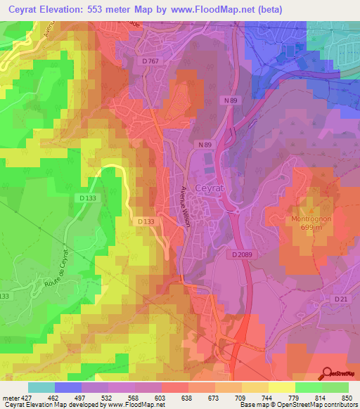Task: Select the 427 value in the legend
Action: point(25,398)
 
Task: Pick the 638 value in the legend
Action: point(186,398)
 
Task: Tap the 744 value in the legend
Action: point(266,398)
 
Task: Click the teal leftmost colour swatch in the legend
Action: point(41,387)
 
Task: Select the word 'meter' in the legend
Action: point(9,398)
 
